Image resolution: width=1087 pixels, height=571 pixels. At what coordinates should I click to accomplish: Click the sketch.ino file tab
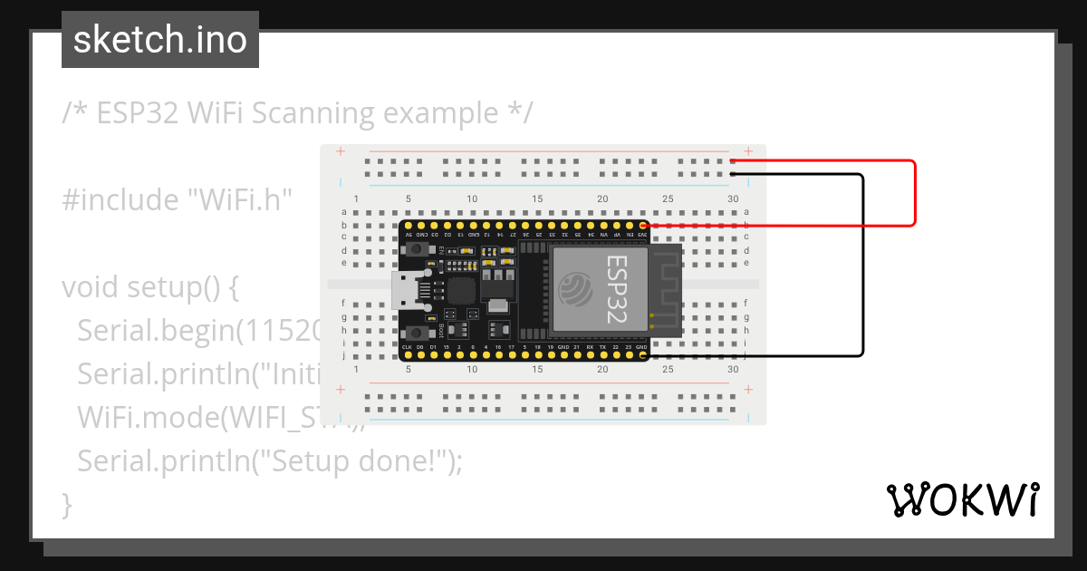click(160, 40)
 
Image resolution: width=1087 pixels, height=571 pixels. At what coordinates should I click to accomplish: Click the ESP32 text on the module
click(616, 289)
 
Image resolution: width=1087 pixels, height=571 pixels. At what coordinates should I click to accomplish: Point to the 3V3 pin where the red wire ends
click(643, 225)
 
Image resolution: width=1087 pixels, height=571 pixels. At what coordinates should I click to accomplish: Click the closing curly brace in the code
click(66, 503)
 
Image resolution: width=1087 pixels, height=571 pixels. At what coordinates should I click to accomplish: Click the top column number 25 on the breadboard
click(668, 199)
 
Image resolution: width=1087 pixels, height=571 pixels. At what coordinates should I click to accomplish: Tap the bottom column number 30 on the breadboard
click(733, 370)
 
